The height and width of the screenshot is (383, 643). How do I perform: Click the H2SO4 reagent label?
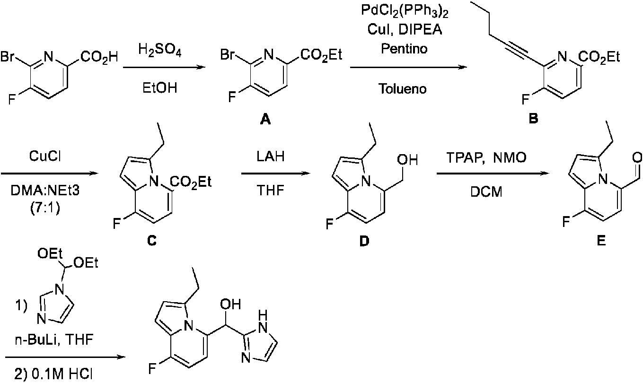coord(159,51)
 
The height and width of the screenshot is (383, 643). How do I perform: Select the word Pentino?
coord(404,49)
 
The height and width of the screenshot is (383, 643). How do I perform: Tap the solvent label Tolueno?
coord(403,88)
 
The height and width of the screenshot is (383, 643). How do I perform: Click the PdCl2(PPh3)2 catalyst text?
coord(405,12)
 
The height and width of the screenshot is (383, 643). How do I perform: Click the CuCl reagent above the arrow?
coord(45,157)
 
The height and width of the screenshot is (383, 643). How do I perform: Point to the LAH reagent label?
coord(271,157)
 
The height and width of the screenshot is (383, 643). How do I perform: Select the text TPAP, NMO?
coord(486,157)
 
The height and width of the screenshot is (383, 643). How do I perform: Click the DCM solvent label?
coord(486,191)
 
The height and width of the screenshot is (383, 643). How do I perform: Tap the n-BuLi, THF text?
coord(54,340)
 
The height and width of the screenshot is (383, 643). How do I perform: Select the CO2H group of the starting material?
coord(99,57)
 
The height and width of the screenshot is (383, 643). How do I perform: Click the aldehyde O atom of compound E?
coord(637,157)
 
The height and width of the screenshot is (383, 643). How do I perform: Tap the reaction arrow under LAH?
coord(276,174)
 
